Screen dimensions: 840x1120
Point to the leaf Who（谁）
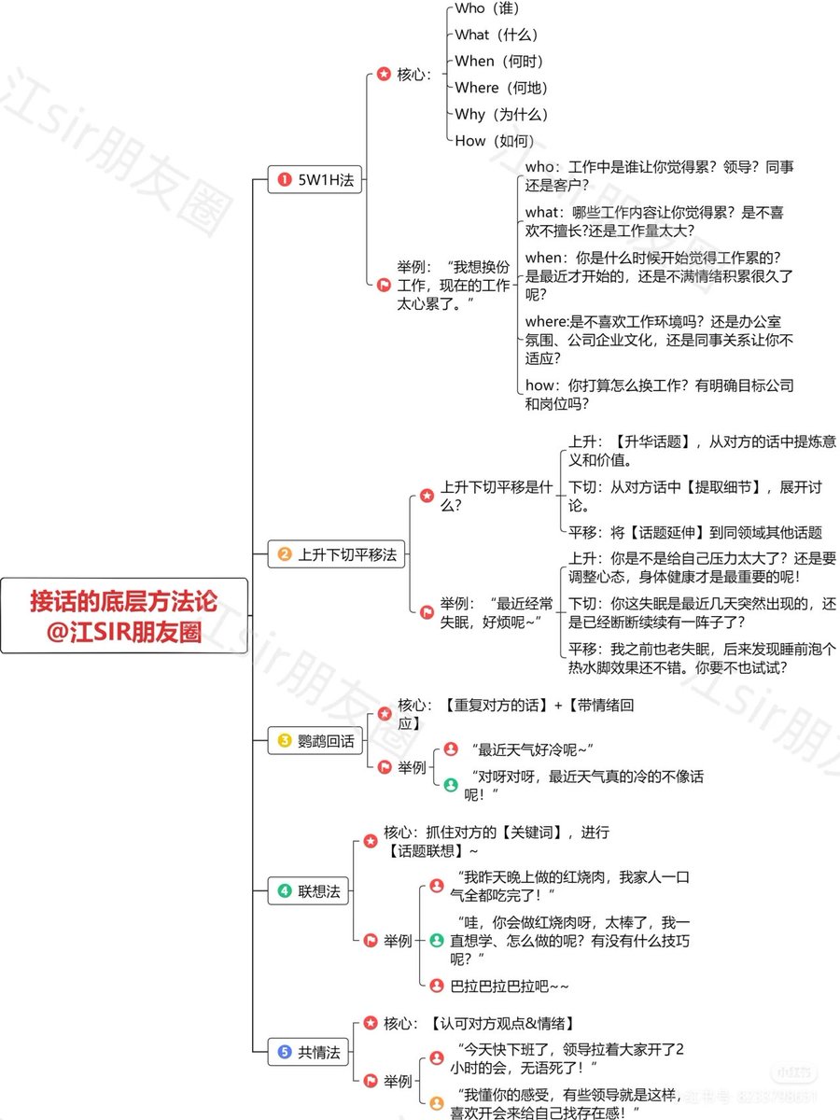point(486,8)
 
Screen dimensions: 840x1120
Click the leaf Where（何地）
point(501,88)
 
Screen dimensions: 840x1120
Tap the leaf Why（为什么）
point(501,115)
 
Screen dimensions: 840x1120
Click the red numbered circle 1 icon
point(285,181)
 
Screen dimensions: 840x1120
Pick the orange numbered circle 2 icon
point(285,554)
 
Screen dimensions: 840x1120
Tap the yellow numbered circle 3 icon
point(285,741)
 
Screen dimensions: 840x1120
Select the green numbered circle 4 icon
point(285,891)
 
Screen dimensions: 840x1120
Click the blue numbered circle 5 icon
point(285,1053)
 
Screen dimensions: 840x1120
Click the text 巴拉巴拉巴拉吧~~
point(510,986)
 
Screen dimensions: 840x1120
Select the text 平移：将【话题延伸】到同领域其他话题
point(695,532)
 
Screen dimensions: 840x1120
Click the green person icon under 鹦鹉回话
point(451,785)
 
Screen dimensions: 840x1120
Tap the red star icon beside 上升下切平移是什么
point(427,496)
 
